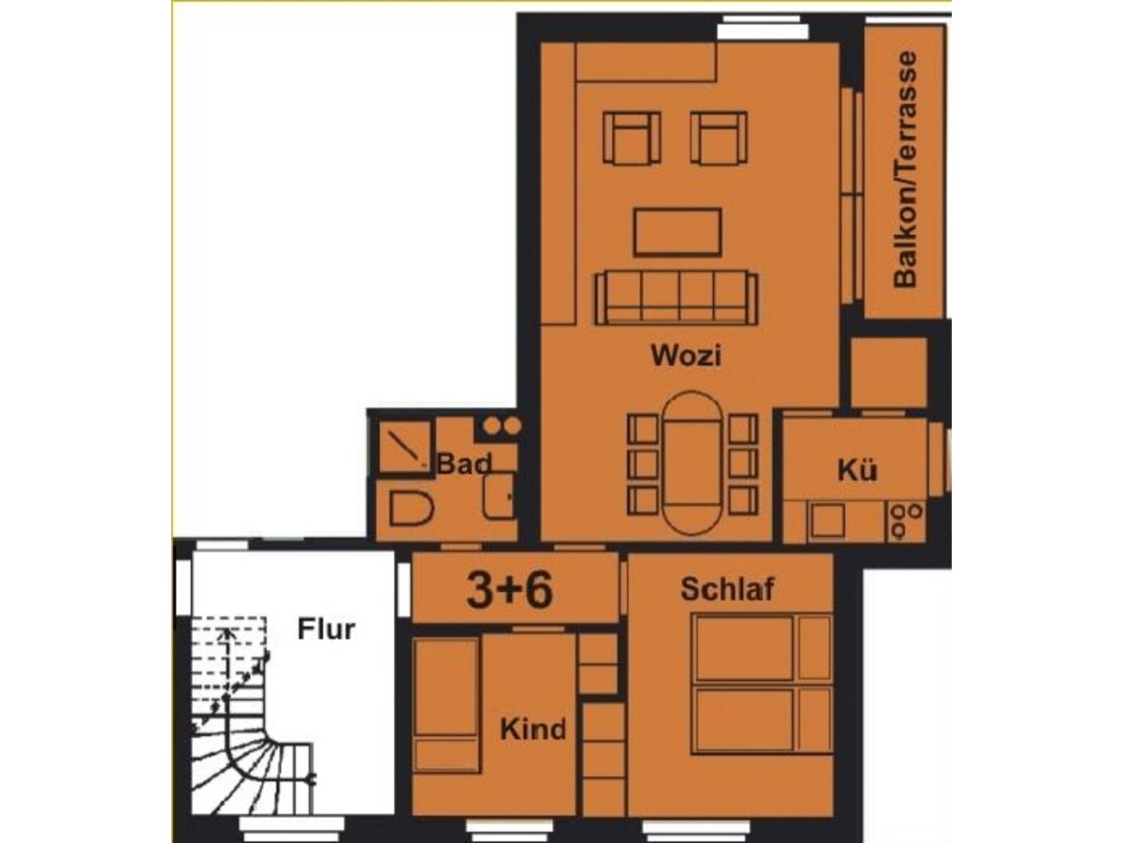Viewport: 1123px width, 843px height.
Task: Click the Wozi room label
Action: (686, 355)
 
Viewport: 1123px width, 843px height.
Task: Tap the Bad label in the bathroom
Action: (464, 464)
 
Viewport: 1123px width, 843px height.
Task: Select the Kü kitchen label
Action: (857, 470)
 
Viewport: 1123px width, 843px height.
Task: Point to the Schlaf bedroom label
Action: (727, 588)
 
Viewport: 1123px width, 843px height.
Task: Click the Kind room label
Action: (532, 729)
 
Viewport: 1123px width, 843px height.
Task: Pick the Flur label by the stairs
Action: (326, 629)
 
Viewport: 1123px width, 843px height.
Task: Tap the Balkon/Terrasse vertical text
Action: (905, 169)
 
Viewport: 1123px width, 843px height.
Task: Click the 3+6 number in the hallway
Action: (510, 590)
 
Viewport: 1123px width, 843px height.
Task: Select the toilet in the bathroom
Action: (411, 509)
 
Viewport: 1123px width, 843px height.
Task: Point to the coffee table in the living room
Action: (678, 232)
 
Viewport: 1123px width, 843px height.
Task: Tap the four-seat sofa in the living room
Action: (676, 298)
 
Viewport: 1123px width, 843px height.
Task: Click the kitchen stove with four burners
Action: (906, 522)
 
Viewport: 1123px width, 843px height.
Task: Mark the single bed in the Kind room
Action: (446, 706)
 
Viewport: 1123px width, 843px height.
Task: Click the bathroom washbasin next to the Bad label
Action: (498, 495)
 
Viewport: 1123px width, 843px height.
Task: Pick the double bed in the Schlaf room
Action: (761, 685)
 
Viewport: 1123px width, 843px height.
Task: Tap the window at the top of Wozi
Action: (763, 27)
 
